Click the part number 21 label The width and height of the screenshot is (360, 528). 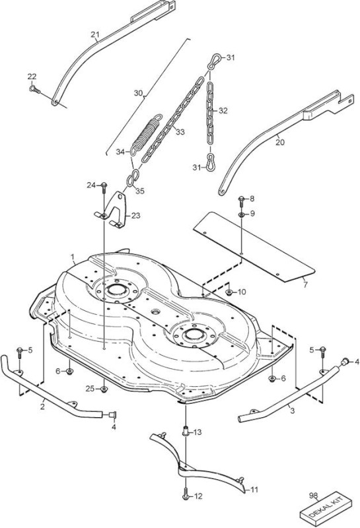(95, 34)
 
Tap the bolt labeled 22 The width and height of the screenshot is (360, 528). (34, 89)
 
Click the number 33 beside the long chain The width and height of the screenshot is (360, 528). (180, 131)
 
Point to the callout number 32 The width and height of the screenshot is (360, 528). (223, 110)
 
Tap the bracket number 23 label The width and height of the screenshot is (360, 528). (135, 215)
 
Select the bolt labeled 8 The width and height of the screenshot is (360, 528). (241, 200)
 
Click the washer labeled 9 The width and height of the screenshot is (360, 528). (242, 214)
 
